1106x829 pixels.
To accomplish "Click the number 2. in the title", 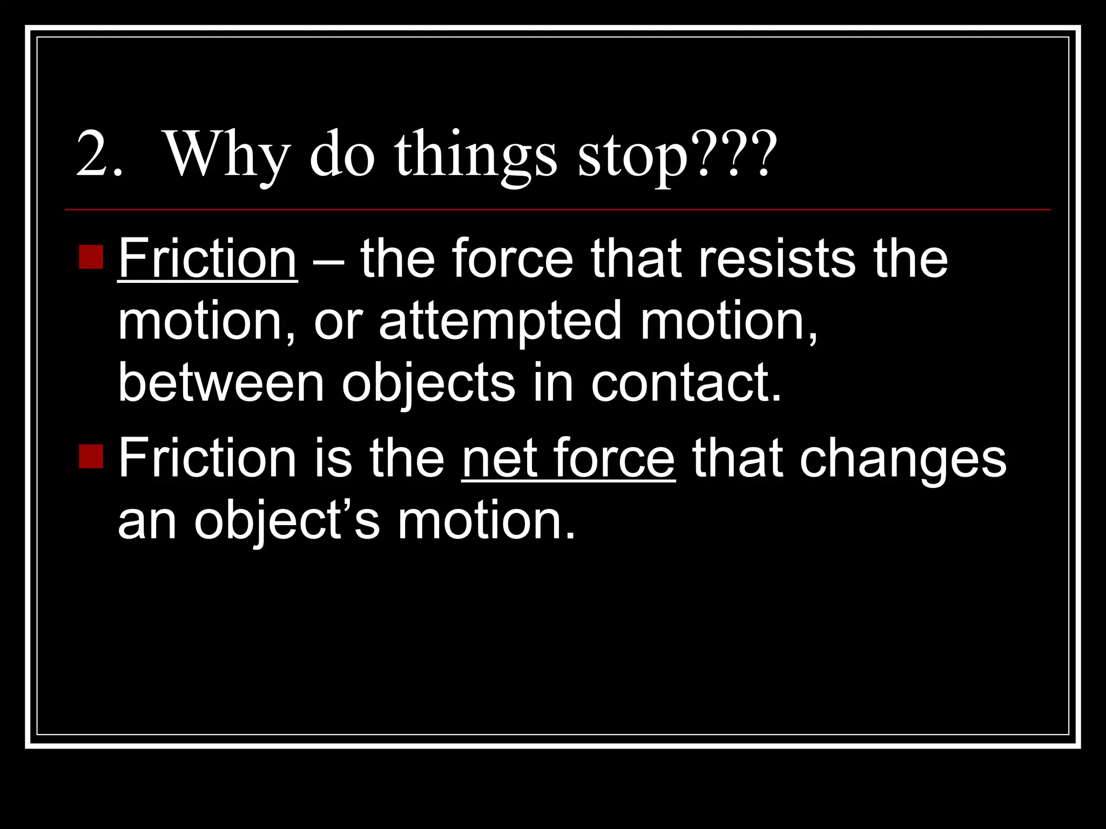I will [x=99, y=155].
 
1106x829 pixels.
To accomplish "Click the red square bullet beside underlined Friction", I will [x=91, y=257].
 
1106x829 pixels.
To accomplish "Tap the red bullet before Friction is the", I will [x=91, y=457].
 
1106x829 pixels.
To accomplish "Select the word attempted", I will [x=500, y=322].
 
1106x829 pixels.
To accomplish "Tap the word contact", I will [x=686, y=383].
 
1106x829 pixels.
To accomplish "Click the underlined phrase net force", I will [x=568, y=459].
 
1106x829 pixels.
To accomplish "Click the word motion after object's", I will [x=486, y=521].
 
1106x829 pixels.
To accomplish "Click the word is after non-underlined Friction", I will [x=333, y=459].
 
